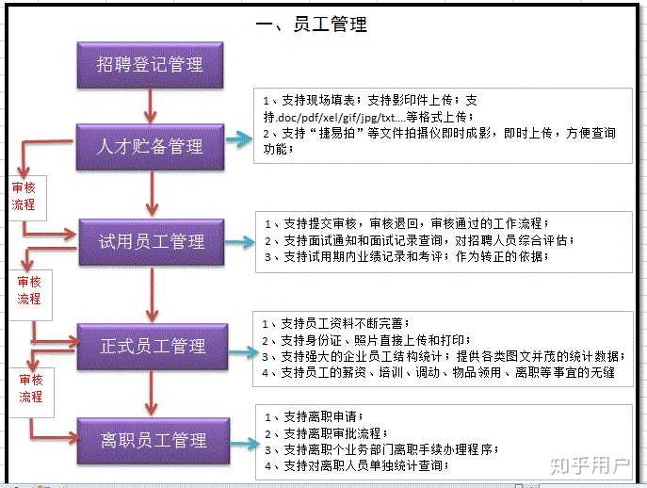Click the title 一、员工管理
pos(311,24)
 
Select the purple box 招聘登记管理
pos(151,64)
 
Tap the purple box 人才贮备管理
pos(151,146)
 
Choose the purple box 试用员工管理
pos(153,242)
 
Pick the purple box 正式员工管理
pos(153,346)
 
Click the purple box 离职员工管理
pos(153,439)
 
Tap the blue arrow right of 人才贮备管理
pos(239,139)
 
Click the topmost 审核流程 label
pos(24,196)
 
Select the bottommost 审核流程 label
pos(31,389)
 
